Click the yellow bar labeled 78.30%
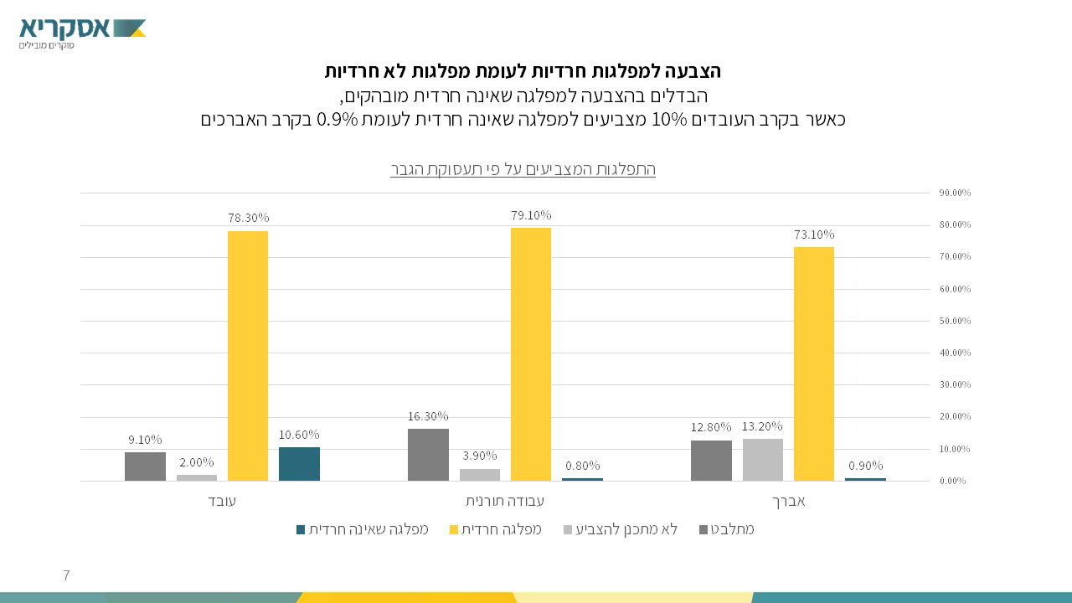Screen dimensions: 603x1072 click(x=248, y=356)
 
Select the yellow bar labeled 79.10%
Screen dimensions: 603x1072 click(x=531, y=354)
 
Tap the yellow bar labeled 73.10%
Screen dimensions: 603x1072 click(x=814, y=363)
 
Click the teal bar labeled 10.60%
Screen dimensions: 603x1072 click(x=299, y=464)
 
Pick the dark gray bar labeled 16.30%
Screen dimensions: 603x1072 click(x=428, y=455)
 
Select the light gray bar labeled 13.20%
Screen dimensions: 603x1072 click(x=763, y=460)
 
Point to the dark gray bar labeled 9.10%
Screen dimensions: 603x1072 click(x=145, y=466)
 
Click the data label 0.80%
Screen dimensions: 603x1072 click(x=582, y=466)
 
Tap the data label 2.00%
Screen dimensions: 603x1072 click(x=196, y=462)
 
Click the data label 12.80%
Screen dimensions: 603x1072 click(x=711, y=427)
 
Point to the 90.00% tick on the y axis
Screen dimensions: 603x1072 click(x=955, y=193)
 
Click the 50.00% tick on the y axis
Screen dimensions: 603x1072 click(x=955, y=321)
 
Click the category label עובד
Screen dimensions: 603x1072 click(x=222, y=502)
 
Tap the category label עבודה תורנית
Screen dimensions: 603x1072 click(x=505, y=502)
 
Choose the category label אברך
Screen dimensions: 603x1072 click(x=788, y=502)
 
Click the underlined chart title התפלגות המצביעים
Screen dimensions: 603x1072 click(x=523, y=169)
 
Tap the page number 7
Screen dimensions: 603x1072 click(x=66, y=575)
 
